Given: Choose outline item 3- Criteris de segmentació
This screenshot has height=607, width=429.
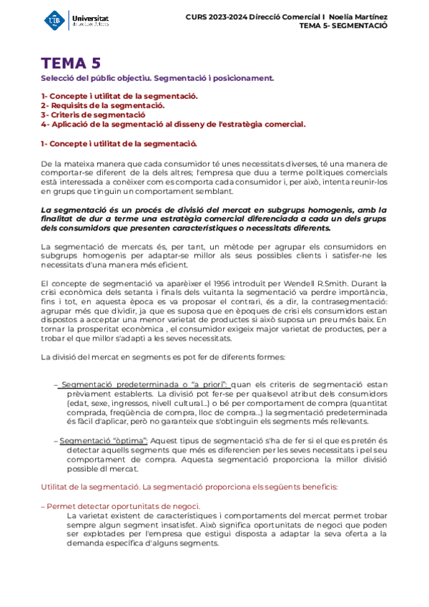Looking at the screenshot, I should (93, 115).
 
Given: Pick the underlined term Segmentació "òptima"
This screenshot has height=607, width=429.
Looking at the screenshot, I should (104, 440).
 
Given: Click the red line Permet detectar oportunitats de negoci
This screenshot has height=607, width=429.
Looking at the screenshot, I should (120, 505).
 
